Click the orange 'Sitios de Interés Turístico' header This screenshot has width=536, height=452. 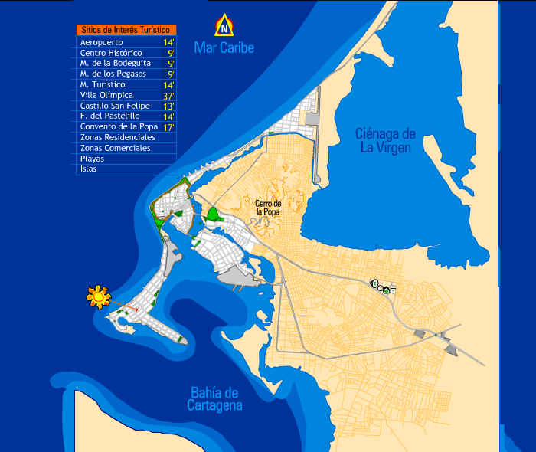click(x=126, y=29)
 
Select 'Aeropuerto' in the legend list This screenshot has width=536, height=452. click(x=101, y=41)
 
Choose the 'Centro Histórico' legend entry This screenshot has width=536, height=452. click(x=110, y=53)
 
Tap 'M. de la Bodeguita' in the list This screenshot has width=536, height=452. click(x=115, y=63)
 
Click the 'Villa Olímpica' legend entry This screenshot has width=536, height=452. click(x=106, y=95)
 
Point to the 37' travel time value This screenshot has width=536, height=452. click(x=169, y=96)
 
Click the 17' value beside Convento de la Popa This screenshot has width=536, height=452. click(x=169, y=127)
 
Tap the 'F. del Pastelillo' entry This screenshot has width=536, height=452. click(x=109, y=116)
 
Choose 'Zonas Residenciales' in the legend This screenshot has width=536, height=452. click(x=117, y=137)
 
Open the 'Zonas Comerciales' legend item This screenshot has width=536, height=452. click(x=115, y=148)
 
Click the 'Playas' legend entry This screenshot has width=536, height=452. click(x=92, y=159)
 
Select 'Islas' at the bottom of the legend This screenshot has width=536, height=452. click(x=88, y=169)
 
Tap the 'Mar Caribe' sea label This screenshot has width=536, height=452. click(x=224, y=47)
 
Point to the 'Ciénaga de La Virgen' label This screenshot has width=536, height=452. click(x=385, y=140)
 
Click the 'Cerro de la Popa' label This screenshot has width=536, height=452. click(x=268, y=207)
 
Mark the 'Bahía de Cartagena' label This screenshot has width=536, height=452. click(x=214, y=399)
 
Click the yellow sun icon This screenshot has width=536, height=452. click(x=98, y=296)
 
